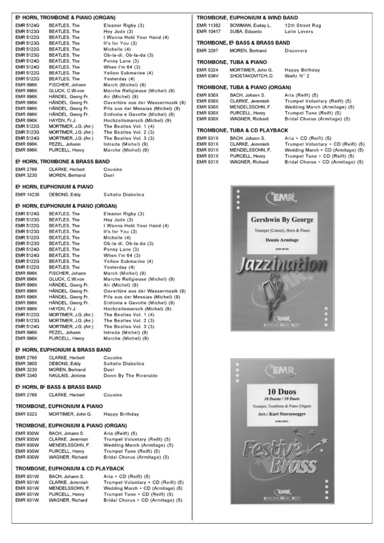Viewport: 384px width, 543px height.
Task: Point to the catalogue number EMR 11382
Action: [x=209, y=24]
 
